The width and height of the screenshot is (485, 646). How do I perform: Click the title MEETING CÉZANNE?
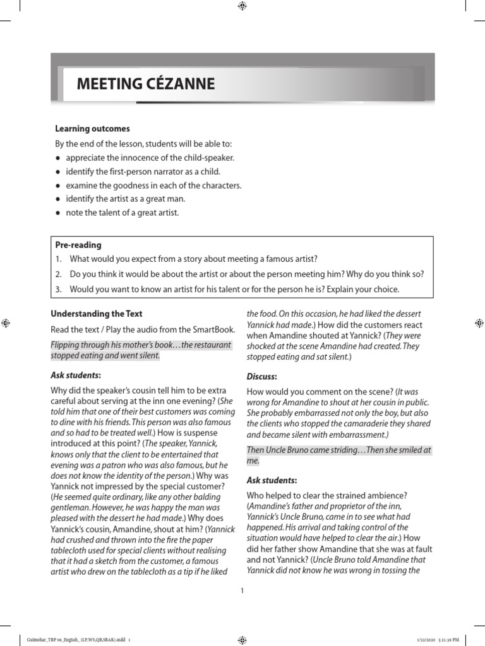(x=145, y=84)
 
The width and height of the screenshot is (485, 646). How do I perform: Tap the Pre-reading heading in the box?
(x=78, y=245)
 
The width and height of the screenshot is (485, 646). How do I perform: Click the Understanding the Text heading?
(x=96, y=314)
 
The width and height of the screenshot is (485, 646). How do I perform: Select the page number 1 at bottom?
(x=242, y=590)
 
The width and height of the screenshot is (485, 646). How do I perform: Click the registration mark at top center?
(x=242, y=6)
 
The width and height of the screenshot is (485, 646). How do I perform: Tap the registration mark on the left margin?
(x=5, y=322)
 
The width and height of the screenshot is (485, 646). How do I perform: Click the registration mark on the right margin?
(x=478, y=322)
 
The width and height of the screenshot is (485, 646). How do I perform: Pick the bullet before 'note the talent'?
(x=58, y=213)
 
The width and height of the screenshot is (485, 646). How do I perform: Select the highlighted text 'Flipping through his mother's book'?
(x=114, y=345)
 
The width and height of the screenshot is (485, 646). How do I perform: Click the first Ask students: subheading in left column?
(x=75, y=375)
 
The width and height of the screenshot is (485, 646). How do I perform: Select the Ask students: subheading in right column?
(x=272, y=480)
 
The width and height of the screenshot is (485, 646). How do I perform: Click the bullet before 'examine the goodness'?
(x=58, y=185)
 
